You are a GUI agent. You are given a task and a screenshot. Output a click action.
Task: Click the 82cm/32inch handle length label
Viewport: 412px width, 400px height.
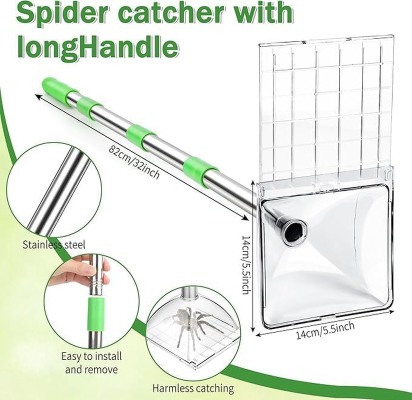coord(135,160)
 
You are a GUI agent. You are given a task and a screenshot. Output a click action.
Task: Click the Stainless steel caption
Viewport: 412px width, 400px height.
coord(54,245)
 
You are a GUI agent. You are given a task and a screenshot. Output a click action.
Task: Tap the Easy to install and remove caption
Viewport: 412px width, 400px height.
coord(90,363)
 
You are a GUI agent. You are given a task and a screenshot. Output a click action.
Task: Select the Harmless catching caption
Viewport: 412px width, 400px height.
coord(193,388)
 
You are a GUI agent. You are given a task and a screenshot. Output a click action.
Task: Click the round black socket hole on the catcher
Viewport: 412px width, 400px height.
coord(294,231)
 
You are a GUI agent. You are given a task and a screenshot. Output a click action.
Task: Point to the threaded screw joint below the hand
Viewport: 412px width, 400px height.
coord(97,287)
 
